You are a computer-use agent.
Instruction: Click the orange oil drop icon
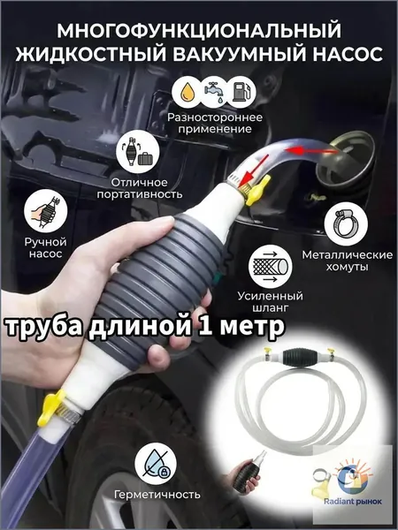186,92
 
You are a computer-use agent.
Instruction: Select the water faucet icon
213,91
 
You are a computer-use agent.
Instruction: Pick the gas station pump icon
241,92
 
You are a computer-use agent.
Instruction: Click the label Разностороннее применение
215,123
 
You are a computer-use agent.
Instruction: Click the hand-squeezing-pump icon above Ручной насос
46,211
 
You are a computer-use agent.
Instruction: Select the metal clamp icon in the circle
346,223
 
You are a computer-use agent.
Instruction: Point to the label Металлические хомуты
348,261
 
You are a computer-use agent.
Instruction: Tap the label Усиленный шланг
270,302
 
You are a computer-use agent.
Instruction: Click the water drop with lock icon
156,464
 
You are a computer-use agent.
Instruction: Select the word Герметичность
157,495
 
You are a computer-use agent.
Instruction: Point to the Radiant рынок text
353,501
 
